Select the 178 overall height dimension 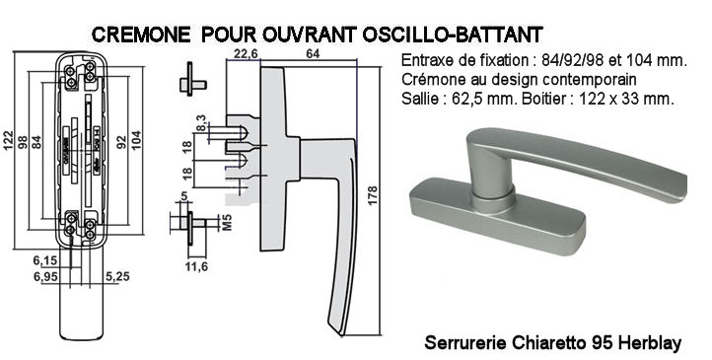(x=372, y=195)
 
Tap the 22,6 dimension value (x=246, y=54)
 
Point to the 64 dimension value (x=313, y=54)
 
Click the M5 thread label (x=227, y=223)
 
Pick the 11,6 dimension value (x=196, y=266)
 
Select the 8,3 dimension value (x=201, y=123)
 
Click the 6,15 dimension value (x=45, y=260)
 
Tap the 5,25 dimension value (x=117, y=276)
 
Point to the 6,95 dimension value (x=45, y=276)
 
